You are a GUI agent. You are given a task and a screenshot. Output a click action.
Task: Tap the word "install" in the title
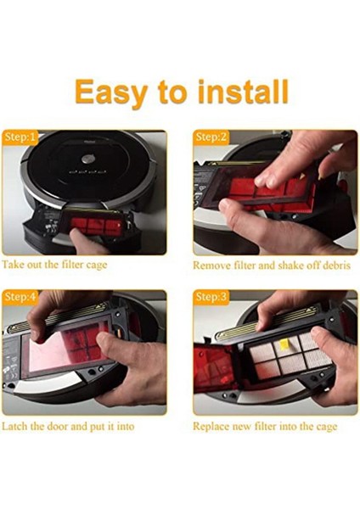(244, 92)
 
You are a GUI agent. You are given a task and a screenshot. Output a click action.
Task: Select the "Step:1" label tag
(20, 137)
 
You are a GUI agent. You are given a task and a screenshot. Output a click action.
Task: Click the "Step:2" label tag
(211, 137)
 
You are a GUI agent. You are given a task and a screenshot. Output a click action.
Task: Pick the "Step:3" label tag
(211, 297)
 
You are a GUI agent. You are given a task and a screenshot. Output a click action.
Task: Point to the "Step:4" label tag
(20, 297)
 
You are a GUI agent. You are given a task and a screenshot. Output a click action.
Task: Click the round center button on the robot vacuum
(87, 159)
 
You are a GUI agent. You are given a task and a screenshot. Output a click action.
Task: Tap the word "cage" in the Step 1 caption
(97, 266)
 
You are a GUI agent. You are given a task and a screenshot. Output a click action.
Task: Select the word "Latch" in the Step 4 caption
(15, 426)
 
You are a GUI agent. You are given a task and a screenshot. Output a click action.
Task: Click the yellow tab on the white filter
(284, 342)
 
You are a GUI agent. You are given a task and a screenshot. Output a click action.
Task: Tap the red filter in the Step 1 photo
(97, 226)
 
